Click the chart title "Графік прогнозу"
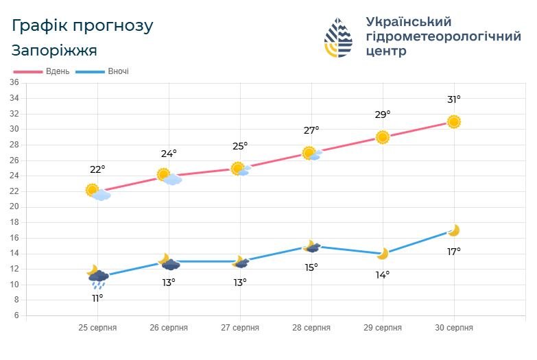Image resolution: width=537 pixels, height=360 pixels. tap(83, 26)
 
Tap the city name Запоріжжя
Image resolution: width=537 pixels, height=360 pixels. tap(55, 51)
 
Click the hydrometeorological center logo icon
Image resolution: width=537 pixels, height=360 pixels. tap(338, 38)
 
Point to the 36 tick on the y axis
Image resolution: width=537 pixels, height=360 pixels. tap(14, 82)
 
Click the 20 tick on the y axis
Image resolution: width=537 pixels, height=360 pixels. tap(14, 206)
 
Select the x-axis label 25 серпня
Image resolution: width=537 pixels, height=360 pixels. tap(97, 328)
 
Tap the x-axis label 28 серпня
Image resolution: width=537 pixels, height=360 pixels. tap(311, 328)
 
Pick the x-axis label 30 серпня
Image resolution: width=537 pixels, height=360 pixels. tap(453, 328)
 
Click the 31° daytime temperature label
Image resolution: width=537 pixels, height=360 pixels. tap(453, 99)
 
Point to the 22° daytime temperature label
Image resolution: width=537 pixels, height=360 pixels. tap(97, 169)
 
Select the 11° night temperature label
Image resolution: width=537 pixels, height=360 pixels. tap(97, 298)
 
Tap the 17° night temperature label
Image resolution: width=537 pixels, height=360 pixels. tap(453, 252)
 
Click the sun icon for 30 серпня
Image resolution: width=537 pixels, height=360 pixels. tap(453, 121)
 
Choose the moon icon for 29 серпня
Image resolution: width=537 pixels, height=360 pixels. tap(382, 254)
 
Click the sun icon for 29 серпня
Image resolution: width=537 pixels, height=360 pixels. tap(383, 137)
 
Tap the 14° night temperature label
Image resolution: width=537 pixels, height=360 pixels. tap(382, 275)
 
